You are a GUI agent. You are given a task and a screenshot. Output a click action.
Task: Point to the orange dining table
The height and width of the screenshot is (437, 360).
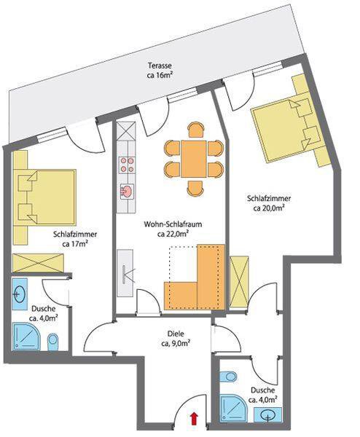194,159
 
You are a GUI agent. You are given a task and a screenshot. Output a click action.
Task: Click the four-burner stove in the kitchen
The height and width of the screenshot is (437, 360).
127,165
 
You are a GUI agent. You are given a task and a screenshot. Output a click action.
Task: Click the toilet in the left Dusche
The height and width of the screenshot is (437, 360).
52,342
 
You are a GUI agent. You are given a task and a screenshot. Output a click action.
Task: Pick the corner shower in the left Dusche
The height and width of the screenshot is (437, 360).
26,336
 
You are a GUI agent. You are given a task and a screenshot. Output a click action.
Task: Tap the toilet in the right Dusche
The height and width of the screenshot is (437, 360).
229,377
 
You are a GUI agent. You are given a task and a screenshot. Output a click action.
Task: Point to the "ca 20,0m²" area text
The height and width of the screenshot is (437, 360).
269,208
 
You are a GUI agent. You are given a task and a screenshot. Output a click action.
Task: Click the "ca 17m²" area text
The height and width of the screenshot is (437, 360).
75,243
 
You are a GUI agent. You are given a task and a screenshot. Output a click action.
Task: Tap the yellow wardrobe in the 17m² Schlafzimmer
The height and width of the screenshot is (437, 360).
38,263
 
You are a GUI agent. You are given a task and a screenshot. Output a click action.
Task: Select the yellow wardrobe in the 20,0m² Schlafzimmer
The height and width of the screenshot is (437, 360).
239,281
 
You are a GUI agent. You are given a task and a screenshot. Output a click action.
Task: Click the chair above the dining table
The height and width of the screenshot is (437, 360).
196,130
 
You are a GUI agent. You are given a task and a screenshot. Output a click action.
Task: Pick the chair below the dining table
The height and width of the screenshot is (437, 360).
195,188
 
